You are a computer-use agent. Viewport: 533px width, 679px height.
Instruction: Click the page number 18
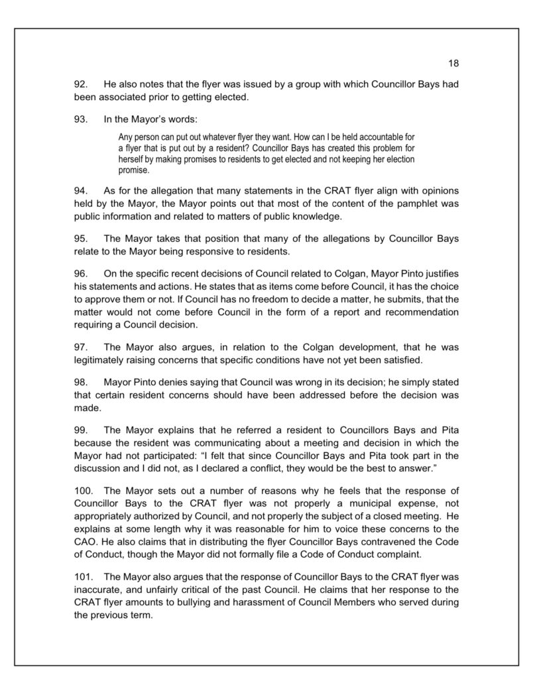453,64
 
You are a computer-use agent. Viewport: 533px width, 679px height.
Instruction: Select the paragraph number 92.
82,85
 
